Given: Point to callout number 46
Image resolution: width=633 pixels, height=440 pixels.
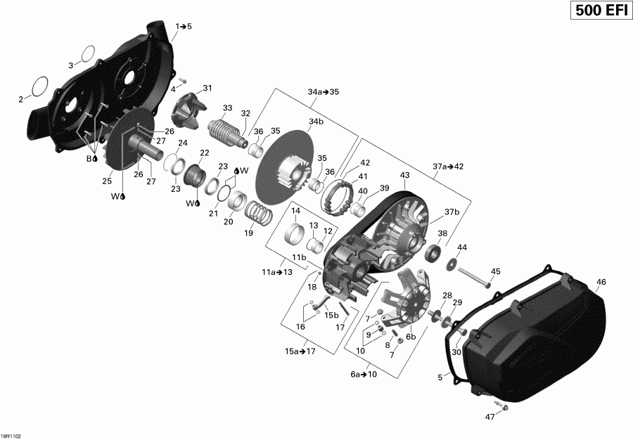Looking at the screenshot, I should tap(600, 283).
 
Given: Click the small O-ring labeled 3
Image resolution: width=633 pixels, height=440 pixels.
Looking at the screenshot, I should tap(87, 53).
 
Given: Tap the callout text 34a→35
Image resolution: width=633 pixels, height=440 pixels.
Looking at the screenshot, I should tap(324, 92).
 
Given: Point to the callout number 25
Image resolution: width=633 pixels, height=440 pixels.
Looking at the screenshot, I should tap(107, 181).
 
